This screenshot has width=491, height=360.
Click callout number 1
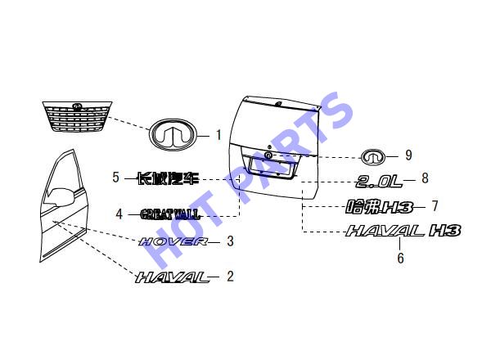(218, 135)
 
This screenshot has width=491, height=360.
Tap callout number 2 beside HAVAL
(230, 277)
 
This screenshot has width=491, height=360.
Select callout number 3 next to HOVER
(230, 241)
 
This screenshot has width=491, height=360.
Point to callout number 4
(119, 214)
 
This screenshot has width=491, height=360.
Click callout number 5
(116, 178)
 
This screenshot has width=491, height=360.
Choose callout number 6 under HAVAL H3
(400, 258)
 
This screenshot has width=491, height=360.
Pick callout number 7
(435, 206)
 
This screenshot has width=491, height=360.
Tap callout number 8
(425, 178)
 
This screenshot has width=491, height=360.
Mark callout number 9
(408, 155)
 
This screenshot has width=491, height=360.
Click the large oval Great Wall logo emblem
(172, 135)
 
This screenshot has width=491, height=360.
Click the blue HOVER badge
(173, 241)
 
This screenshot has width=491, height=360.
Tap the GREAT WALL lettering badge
(169, 214)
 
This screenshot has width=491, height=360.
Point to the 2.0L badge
(379, 182)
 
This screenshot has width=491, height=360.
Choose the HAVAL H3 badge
(403, 231)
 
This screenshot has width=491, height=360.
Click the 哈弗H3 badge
(379, 207)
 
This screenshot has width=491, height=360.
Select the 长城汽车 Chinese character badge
(169, 178)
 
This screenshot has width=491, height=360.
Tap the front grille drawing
(77, 116)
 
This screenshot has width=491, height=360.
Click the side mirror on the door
(60, 196)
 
